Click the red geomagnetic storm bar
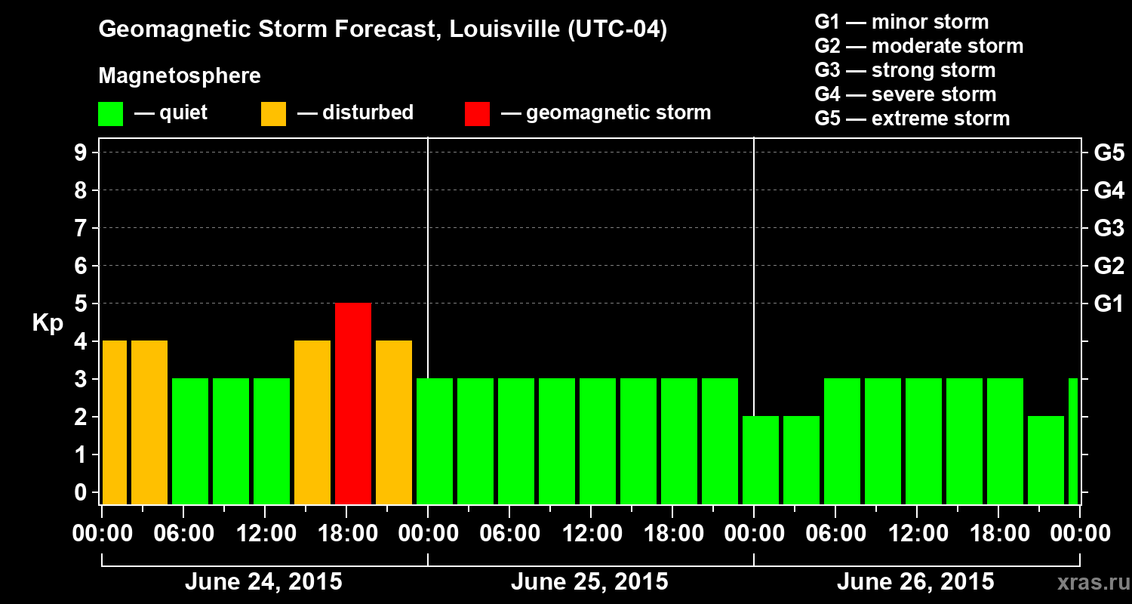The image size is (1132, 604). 353,403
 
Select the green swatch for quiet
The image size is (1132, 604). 110,113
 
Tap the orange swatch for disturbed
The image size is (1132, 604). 273,113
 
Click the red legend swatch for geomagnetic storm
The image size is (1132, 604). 477,113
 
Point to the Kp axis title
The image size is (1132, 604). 48,322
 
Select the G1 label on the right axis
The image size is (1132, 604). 1109,304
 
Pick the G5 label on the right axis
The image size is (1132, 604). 1109,153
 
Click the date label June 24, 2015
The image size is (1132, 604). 263,582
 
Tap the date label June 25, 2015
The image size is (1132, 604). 589,582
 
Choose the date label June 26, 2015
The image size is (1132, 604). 915,582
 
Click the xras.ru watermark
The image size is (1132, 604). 1088,583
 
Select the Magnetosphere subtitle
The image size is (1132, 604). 180,76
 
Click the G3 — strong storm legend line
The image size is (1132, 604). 905,70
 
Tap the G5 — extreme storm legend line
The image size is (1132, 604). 912,119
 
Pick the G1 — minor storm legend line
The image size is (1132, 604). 901,22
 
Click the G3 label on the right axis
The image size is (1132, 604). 1109,228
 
